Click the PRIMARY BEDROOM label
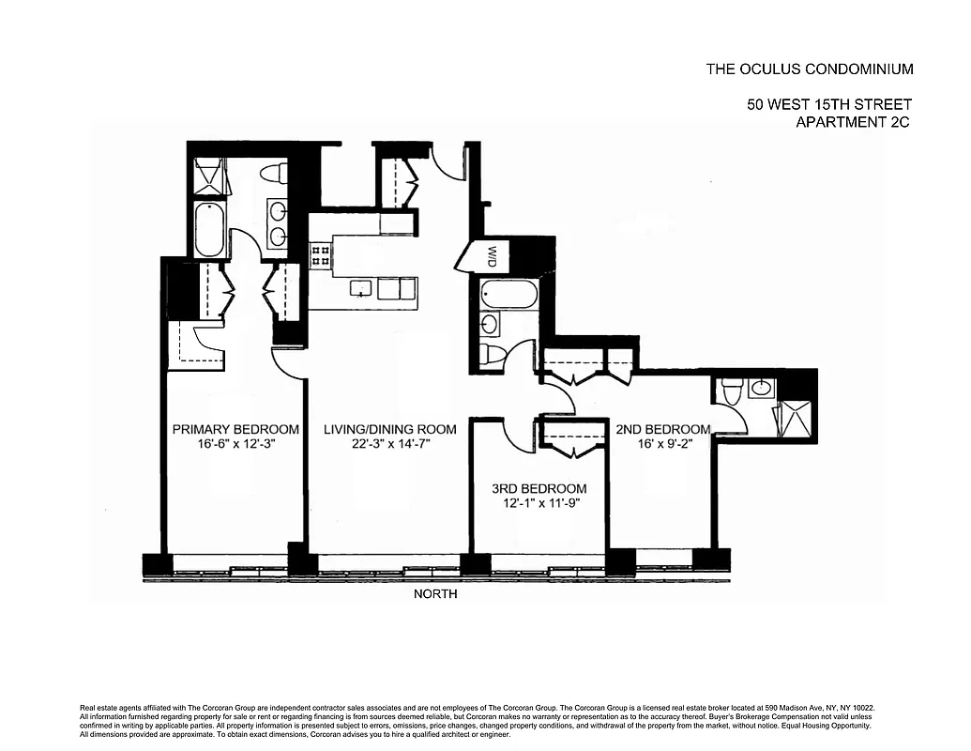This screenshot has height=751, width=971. [x=235, y=429]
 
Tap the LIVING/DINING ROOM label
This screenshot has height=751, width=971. [x=389, y=429]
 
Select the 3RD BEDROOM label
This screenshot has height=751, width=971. [x=539, y=488]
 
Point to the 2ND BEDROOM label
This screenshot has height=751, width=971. [x=662, y=429]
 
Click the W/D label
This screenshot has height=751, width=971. [x=492, y=254]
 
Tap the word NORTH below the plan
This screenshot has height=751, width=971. [x=435, y=593]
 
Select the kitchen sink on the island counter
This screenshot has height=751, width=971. [x=360, y=288]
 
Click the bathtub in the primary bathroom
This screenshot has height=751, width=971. [x=209, y=229]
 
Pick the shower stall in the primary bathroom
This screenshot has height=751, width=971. [x=209, y=176]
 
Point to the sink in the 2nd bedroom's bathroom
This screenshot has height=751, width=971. [x=762, y=388]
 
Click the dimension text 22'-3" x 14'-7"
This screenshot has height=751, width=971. [x=389, y=445]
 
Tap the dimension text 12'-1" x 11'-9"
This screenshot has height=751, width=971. [x=539, y=504]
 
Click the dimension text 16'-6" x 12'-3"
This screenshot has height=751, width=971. [x=235, y=445]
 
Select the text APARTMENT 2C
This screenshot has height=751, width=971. [x=853, y=122]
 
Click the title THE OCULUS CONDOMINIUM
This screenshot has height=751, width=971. [x=809, y=69]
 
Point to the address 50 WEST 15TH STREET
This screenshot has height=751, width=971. [x=829, y=105]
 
